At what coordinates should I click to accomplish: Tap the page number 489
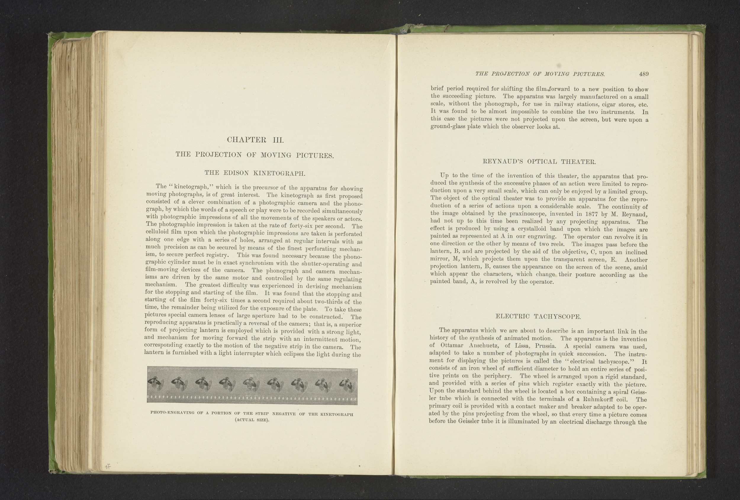pos(644,74)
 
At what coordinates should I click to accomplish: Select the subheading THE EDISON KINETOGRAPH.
pos(255,173)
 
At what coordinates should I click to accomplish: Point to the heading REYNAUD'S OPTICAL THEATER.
pos(539,161)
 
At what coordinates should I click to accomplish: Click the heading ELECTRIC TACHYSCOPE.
pos(538,316)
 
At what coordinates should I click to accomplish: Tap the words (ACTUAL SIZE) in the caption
pos(252,420)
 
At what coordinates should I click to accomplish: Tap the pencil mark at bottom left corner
pos(108,467)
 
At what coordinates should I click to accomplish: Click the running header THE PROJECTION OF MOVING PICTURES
pos(540,74)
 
